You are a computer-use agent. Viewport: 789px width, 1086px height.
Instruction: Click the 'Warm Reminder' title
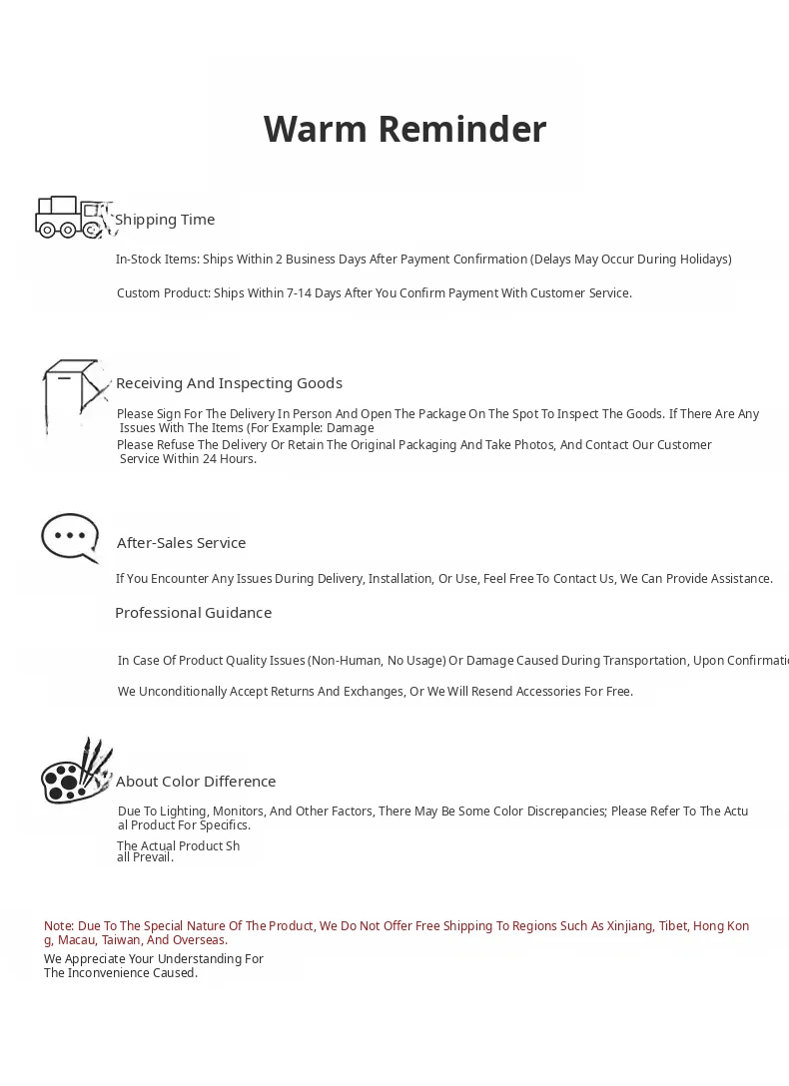pos(404,129)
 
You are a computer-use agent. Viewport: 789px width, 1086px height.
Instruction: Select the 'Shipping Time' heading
pos(165,220)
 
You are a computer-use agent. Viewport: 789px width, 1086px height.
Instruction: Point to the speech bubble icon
pos(70,538)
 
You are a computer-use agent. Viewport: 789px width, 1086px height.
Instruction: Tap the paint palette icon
pos(76,773)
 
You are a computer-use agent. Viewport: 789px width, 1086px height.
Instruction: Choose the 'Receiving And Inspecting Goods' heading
pos(229,383)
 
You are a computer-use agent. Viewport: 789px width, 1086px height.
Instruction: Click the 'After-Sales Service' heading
pos(181,543)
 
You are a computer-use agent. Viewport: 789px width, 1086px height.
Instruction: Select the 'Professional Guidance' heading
pos(193,613)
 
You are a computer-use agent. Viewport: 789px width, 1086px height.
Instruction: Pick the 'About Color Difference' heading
pos(196,782)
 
